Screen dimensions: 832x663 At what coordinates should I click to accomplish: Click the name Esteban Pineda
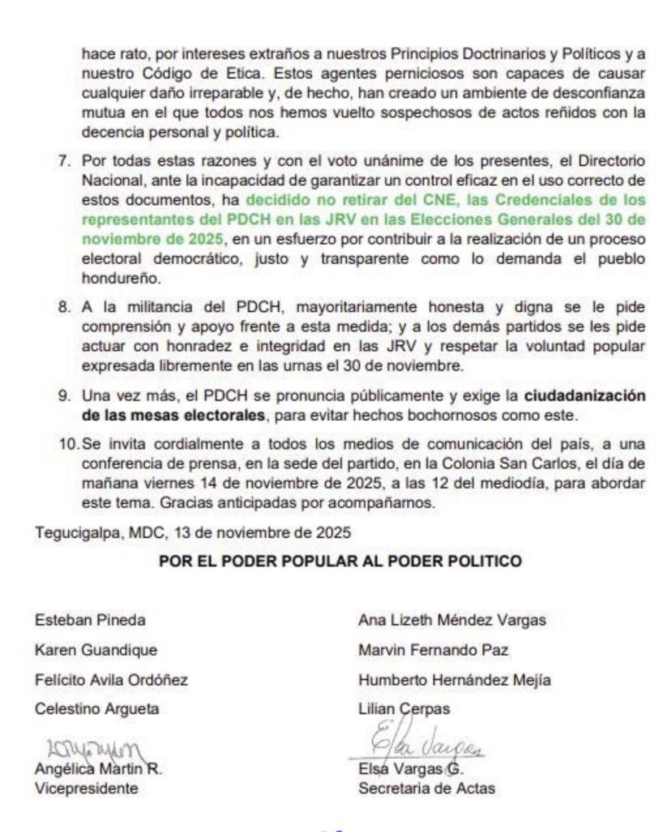click(90, 620)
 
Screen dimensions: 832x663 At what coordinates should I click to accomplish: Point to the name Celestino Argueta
click(97, 708)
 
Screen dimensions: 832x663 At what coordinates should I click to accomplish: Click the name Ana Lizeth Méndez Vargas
click(453, 620)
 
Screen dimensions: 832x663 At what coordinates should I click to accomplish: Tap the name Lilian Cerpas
click(404, 708)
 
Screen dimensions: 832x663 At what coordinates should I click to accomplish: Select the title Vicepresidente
click(86, 787)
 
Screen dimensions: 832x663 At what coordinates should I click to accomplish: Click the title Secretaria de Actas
click(426, 787)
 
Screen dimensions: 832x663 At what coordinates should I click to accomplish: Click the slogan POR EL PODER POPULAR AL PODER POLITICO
click(339, 561)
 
